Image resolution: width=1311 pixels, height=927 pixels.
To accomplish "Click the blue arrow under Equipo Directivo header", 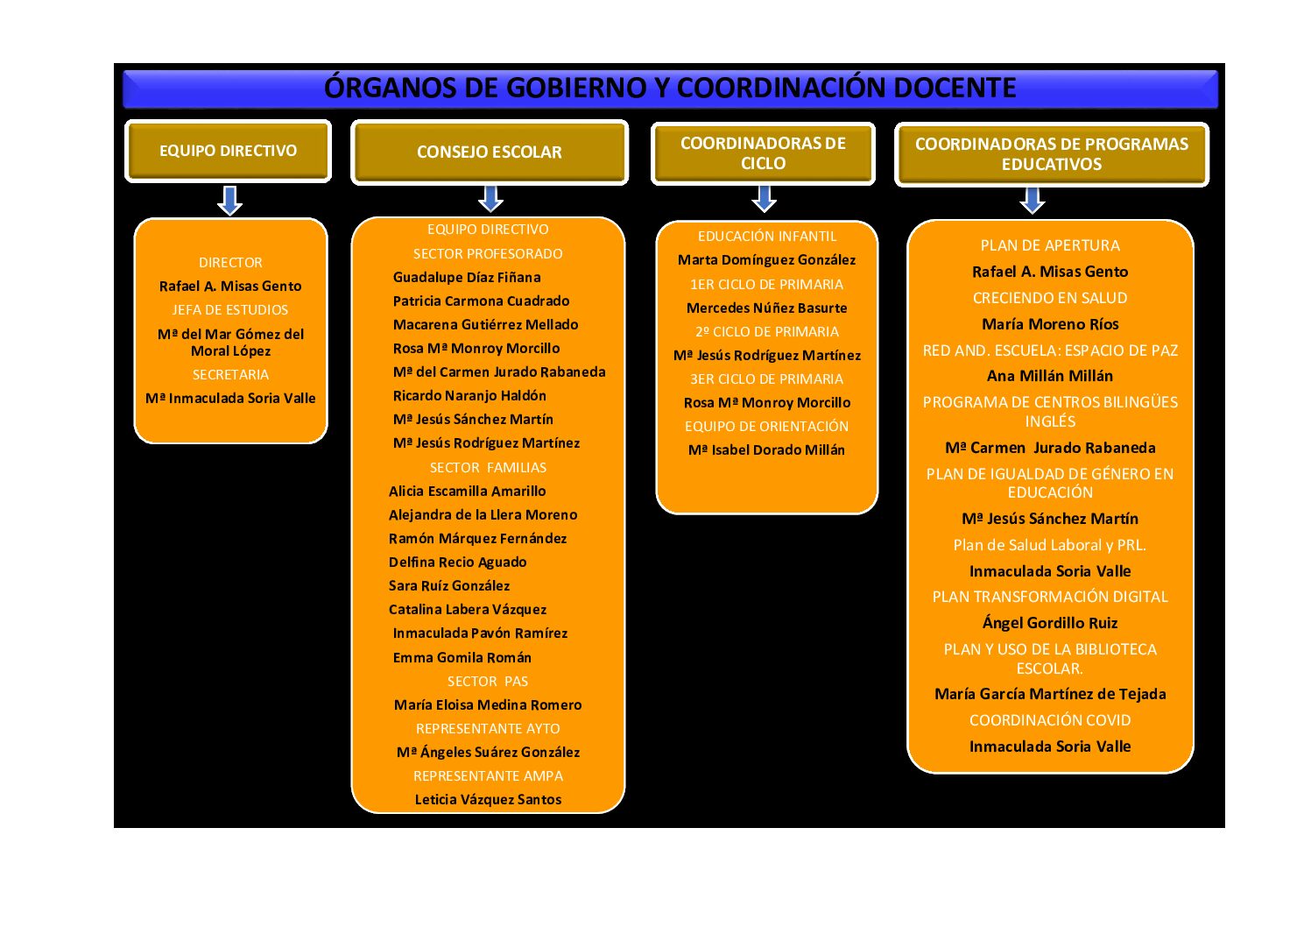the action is [230, 201].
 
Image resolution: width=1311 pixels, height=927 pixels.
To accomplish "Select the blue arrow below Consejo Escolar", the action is [490, 199].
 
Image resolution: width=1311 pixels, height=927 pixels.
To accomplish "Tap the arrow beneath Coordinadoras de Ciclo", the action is [764, 199].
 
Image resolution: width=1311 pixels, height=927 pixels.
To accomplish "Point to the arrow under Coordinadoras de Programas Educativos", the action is [1033, 201].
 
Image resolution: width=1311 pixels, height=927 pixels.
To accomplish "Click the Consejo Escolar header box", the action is [490, 152].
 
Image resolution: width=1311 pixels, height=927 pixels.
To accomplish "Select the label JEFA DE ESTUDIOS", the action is [230, 310].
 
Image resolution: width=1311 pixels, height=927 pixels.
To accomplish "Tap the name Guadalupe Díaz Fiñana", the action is [467, 277].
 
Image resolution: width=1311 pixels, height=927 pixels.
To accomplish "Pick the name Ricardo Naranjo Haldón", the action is [469, 396].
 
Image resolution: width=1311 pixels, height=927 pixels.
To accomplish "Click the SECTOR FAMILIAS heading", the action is [488, 467].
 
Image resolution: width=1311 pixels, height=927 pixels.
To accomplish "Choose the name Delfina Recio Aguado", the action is [457, 563].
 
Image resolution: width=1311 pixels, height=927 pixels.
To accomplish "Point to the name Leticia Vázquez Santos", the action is [488, 799].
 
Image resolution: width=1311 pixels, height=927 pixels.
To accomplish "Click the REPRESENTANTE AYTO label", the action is [488, 728].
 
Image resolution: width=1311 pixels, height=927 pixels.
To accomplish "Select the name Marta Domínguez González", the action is [766, 260].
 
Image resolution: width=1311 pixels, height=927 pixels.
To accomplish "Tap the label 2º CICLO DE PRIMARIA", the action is [766, 331].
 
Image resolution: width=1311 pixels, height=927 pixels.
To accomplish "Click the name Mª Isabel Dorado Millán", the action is [766, 449].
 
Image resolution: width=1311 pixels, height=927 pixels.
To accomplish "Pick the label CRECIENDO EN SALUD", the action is [1050, 298].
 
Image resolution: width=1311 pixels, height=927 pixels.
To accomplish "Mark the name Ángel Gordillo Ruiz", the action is [1050, 622].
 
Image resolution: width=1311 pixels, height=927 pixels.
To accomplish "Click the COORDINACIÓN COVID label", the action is [1050, 719].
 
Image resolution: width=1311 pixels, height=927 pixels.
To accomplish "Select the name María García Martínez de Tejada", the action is [1050, 694].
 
